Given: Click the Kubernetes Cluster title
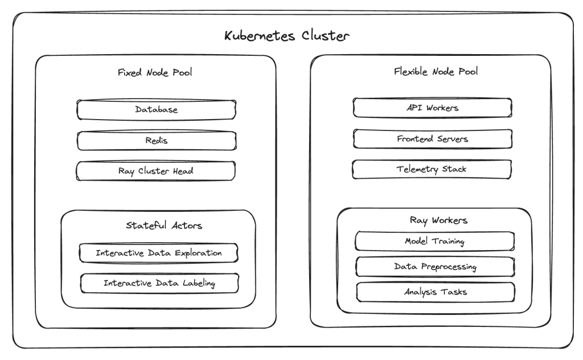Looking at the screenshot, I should (x=286, y=36).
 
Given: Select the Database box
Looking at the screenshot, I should (x=156, y=110).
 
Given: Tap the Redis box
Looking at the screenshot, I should (x=156, y=140).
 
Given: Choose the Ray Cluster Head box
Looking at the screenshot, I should (x=156, y=171).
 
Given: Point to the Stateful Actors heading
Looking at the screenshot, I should (x=163, y=226).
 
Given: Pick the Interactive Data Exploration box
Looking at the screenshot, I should (x=158, y=253).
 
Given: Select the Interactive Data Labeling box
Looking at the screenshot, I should (x=159, y=283).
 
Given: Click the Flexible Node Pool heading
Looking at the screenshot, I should (x=436, y=72).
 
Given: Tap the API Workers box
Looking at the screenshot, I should (x=432, y=108).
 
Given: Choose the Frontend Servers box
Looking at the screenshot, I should (x=432, y=138).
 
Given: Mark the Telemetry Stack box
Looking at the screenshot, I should (x=432, y=169).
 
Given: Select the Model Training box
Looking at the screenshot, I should (x=434, y=241).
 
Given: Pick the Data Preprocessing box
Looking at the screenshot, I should (x=435, y=267).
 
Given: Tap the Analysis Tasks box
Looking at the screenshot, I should (x=436, y=292).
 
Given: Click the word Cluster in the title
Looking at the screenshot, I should (x=322, y=36).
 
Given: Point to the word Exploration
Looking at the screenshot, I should (x=195, y=253).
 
